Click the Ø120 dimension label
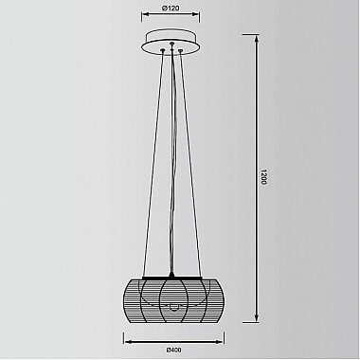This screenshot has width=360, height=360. pyautogui.click(x=171, y=9)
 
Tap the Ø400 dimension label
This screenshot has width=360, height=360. pyautogui.click(x=173, y=350)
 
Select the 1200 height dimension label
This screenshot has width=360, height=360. pyautogui.click(x=264, y=177)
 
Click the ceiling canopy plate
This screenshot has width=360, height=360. pyautogui.click(x=171, y=43)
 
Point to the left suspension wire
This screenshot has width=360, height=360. pyautogui.click(x=153, y=163)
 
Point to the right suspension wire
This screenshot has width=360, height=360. pyautogui.click(x=190, y=163)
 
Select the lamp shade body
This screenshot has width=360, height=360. pyautogui.click(x=172, y=300)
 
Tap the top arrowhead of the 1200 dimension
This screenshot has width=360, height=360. pyautogui.click(x=257, y=38)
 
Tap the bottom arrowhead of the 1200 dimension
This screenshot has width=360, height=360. pyautogui.click(x=257, y=318)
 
